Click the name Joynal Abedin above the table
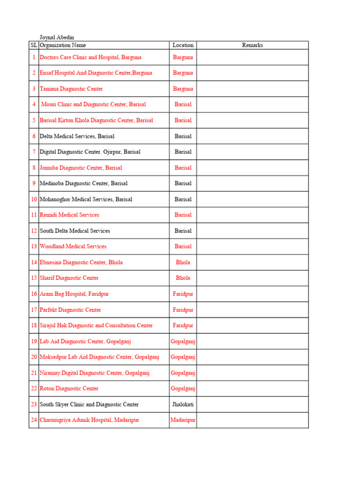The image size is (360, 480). [x=57, y=37]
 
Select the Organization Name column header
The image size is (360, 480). [x=63, y=45]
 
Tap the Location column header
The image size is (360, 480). [x=183, y=45]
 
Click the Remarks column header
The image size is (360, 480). [x=252, y=45]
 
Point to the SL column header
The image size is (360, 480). [x=34, y=45]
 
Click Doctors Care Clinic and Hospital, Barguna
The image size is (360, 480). [x=90, y=57]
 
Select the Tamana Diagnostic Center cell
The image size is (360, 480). [x=71, y=89]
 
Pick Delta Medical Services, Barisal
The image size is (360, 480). [x=77, y=136]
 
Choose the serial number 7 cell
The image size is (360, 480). [x=34, y=152]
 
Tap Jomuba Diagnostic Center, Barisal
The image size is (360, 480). [x=81, y=167]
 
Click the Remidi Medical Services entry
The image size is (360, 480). [x=69, y=215]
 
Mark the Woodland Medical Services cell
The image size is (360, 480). [x=73, y=246]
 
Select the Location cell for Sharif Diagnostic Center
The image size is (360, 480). [x=183, y=278]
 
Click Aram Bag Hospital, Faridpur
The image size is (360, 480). [x=74, y=294]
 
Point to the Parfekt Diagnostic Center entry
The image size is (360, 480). [x=70, y=310]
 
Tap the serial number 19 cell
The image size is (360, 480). [x=34, y=341]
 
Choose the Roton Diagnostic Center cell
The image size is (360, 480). [x=69, y=389]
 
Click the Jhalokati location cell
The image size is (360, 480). [x=183, y=404]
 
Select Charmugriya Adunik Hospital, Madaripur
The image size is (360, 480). [x=89, y=420]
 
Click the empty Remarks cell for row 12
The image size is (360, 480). [x=252, y=231]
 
